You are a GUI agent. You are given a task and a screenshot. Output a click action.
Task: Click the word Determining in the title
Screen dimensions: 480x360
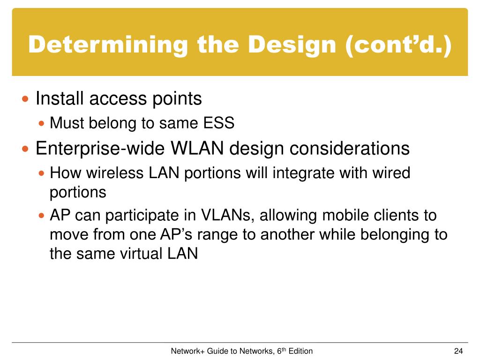point(108,45)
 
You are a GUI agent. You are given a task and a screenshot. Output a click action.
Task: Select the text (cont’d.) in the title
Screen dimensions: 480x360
point(398,45)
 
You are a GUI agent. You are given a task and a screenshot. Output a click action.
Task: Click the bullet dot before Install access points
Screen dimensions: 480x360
point(25,99)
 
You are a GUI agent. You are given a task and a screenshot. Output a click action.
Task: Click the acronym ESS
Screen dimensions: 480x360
point(219,123)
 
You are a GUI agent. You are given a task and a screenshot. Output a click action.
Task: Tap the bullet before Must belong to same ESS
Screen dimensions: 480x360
point(42,124)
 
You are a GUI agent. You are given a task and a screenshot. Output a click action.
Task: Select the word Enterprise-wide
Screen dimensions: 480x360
point(100,149)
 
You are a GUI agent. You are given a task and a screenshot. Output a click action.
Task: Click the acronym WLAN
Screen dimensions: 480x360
point(197,148)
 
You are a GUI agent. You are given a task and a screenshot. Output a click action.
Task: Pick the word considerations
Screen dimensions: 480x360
point(350,148)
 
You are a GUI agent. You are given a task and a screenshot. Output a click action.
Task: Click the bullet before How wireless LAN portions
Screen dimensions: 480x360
point(42,173)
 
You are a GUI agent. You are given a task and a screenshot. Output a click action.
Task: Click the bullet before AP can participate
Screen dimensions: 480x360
point(42,216)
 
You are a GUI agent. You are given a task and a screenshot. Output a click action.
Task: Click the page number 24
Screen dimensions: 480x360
point(458,351)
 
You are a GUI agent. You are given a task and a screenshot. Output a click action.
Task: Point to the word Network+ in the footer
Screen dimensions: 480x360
point(187,351)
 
